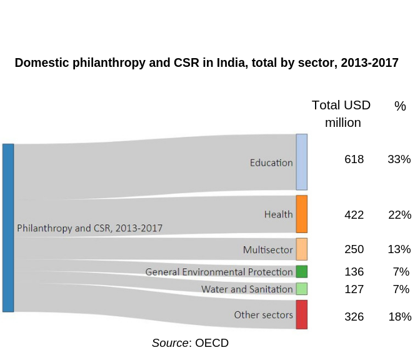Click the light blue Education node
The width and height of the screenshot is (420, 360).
click(301, 162)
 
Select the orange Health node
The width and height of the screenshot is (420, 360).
click(301, 214)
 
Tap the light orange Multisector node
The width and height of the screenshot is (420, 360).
click(301, 249)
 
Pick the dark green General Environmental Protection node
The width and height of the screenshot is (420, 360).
click(301, 271)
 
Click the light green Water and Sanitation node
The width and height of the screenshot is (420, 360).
click(301, 289)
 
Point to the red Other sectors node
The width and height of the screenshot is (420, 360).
click(301, 314)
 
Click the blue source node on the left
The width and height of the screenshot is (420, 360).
click(8, 227)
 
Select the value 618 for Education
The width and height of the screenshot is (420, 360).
click(354, 159)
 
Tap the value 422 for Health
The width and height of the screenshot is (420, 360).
click(354, 215)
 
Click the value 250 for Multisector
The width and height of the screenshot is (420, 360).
click(354, 249)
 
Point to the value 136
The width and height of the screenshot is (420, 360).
click(354, 272)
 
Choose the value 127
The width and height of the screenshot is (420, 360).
click(354, 289)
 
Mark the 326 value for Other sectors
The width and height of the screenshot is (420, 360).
click(354, 316)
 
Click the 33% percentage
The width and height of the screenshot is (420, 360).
click(399, 159)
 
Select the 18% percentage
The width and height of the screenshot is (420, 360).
click(399, 316)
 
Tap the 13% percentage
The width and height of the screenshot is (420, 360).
click(399, 249)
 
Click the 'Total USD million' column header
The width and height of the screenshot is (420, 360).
click(342, 114)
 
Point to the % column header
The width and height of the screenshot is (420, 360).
click(400, 106)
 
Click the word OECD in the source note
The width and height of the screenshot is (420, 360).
click(212, 343)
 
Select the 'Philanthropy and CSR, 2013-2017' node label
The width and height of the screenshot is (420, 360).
click(89, 228)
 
